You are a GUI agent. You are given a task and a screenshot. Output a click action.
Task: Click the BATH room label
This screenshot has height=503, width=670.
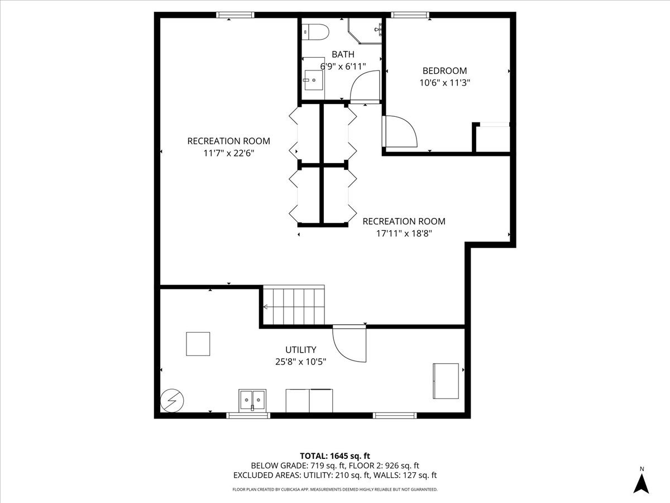(342, 54)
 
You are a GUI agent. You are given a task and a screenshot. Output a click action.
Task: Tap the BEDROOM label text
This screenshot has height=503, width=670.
(444, 71)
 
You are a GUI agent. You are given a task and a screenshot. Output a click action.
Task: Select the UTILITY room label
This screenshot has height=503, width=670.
(301, 350)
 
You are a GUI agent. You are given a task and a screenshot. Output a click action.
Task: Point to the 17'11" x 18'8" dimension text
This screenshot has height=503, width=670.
(404, 233)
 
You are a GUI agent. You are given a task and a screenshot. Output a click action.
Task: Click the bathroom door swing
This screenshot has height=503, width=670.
(364, 87)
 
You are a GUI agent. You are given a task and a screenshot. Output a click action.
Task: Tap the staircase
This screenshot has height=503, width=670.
(294, 306)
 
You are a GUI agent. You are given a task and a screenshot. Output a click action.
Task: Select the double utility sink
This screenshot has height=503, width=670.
(252, 400)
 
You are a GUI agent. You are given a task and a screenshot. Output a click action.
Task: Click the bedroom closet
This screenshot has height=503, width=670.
(492, 138)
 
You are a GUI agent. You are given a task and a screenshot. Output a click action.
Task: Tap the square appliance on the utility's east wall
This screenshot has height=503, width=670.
(446, 381)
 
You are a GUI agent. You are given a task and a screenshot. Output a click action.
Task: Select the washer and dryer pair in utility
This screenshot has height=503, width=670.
(309, 400)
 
